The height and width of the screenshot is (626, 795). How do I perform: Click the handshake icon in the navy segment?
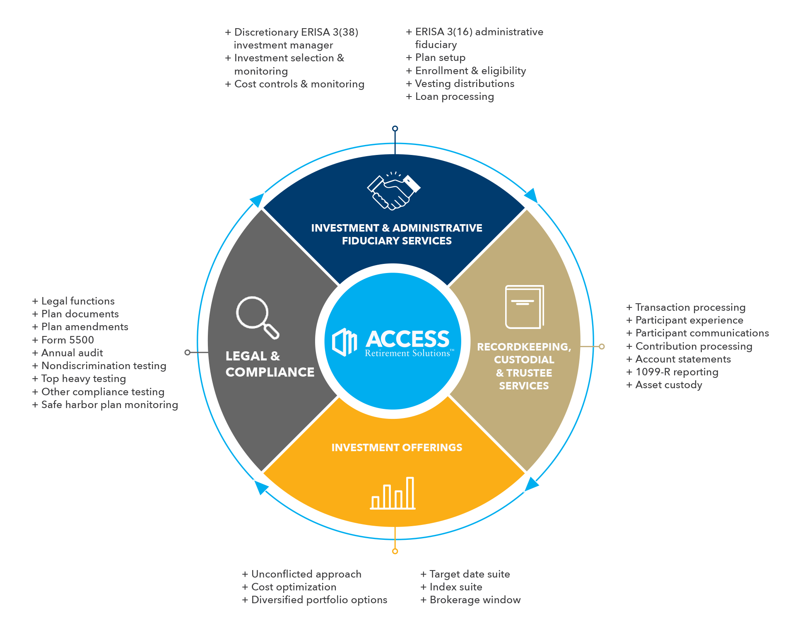(x=393, y=191)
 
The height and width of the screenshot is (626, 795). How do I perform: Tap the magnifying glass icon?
(x=257, y=317)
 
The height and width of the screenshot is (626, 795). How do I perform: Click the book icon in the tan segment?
(x=524, y=307)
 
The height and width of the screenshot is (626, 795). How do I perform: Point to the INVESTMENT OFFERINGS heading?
(x=397, y=447)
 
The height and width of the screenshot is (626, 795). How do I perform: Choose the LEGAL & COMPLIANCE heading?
(x=270, y=364)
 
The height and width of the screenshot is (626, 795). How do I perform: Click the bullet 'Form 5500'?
(x=67, y=340)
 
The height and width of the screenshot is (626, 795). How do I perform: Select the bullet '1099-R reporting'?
(x=677, y=372)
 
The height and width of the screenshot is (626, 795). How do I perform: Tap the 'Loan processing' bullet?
(x=454, y=97)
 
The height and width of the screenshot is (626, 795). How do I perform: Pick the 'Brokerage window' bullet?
(x=475, y=599)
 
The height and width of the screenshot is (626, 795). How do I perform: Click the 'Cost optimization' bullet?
(x=294, y=587)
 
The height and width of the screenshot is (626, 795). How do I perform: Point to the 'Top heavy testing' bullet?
(x=83, y=378)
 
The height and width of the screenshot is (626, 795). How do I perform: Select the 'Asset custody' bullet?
(x=668, y=384)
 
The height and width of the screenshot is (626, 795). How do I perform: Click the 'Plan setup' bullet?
(x=440, y=58)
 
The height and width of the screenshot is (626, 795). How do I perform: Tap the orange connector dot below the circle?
(x=395, y=551)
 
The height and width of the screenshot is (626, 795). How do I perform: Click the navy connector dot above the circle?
(x=395, y=128)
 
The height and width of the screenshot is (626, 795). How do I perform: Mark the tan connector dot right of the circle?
(x=602, y=346)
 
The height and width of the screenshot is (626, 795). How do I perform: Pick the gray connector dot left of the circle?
(x=187, y=352)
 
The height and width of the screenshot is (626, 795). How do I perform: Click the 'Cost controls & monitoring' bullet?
(x=299, y=84)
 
